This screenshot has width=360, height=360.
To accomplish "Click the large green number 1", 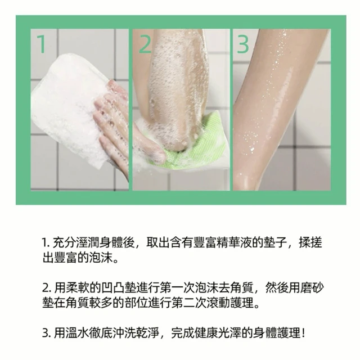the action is tap(42, 44).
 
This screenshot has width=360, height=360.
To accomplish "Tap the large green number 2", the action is tap(145, 43).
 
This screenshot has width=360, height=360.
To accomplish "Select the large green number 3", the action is tap(242, 44).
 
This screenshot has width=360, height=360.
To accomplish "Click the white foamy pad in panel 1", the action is tap(69, 110).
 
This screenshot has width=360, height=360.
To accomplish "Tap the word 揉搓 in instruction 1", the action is tap(310, 242).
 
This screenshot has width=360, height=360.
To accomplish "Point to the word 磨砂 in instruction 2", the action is tap(312, 287).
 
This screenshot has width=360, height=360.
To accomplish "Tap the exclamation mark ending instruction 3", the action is tap(304, 333).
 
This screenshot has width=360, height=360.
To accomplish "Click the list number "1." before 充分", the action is tap(46, 243).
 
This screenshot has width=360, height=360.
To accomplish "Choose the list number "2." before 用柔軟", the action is tap(47, 287).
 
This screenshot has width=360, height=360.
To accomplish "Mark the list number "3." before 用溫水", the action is tap(47, 333).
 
